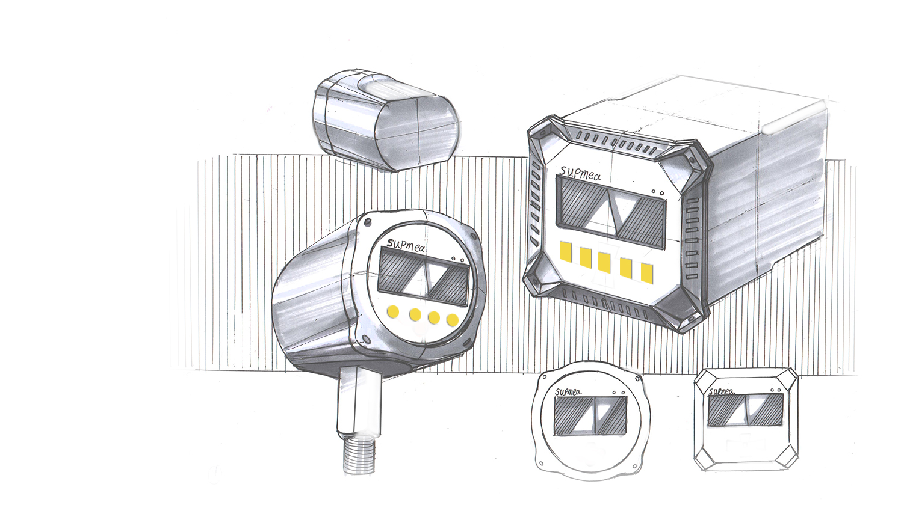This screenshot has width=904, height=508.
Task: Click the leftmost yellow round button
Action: coord(392,311)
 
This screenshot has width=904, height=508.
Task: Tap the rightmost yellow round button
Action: coord(453,320)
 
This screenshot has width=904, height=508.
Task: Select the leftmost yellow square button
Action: coord(566,252)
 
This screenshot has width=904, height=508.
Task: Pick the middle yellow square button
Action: coord(604,263)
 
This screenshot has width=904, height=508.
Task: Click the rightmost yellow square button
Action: coord(647,273)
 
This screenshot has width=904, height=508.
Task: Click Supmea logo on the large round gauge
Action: coord(406,245)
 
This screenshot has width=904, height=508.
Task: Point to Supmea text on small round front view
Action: coord(568,391)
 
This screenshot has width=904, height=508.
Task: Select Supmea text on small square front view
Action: coord(722,391)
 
